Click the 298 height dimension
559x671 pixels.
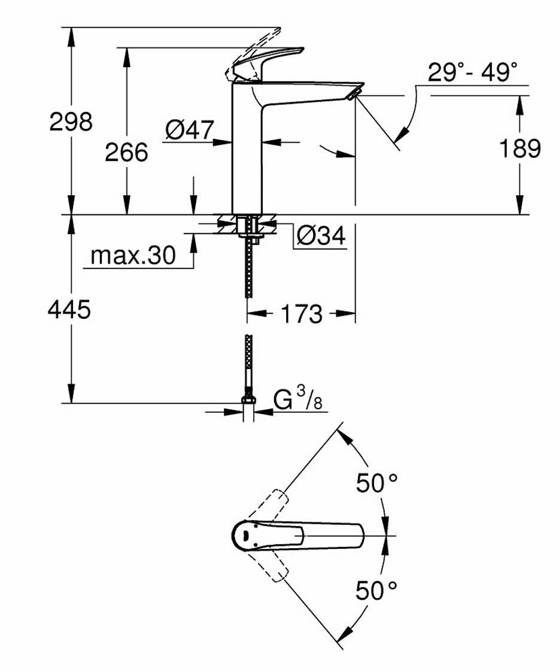71,122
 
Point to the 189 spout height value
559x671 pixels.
519,149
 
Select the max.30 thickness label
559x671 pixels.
133,256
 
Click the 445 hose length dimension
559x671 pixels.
70,310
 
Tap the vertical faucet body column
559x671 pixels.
247,156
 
